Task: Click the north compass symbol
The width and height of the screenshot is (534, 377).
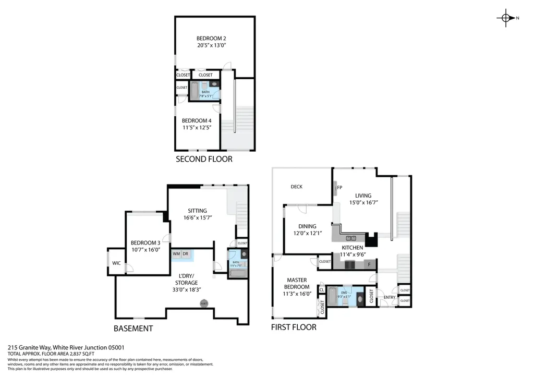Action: pyautogui.click(x=505, y=18)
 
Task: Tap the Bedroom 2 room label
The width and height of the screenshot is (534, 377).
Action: pyautogui.click(x=211, y=38)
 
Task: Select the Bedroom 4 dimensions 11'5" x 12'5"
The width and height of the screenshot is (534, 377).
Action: pyautogui.click(x=196, y=128)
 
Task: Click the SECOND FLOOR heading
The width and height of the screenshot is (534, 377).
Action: pyautogui.click(x=204, y=159)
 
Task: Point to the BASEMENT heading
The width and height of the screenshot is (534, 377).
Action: pyautogui.click(x=133, y=329)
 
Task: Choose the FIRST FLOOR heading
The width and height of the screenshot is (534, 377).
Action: pyautogui.click(x=294, y=327)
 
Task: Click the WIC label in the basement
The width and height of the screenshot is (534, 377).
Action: pyautogui.click(x=116, y=263)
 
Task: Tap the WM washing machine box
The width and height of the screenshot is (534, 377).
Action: pyautogui.click(x=176, y=254)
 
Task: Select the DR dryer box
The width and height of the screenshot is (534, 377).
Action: pyautogui.click(x=185, y=254)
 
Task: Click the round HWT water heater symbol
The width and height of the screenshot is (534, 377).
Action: pyautogui.click(x=204, y=303)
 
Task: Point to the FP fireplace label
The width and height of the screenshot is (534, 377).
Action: pyautogui.click(x=339, y=188)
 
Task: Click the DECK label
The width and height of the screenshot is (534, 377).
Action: pyautogui.click(x=296, y=187)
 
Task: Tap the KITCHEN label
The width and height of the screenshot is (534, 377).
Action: pyautogui.click(x=353, y=248)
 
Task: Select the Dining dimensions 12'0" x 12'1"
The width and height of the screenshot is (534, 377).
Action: pyautogui.click(x=307, y=233)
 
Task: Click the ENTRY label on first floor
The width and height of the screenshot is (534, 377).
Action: pyautogui.click(x=390, y=297)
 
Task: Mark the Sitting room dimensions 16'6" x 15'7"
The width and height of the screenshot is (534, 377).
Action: pyautogui.click(x=197, y=217)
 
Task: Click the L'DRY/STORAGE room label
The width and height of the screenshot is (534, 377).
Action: pyautogui.click(x=186, y=279)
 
